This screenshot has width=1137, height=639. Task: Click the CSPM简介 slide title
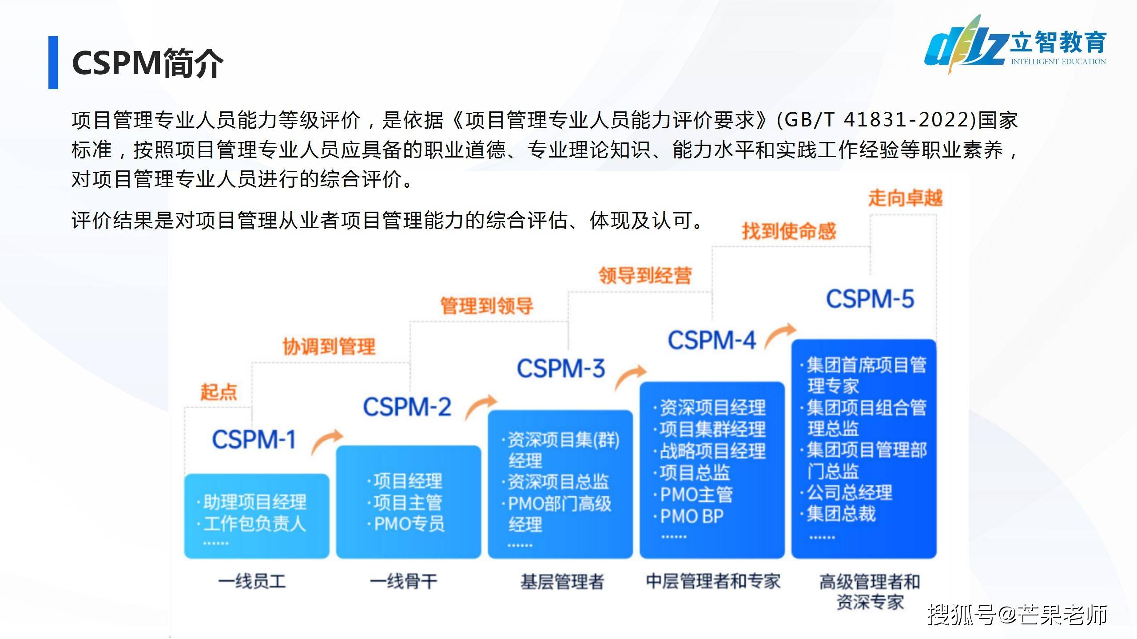tap(147, 63)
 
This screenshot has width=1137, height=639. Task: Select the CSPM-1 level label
tap(254, 440)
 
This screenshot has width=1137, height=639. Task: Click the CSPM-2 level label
tap(407, 407)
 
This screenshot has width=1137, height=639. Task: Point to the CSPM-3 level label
tap(561, 369)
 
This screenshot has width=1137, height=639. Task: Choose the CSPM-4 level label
tap(712, 341)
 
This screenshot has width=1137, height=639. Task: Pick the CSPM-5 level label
tap(870, 299)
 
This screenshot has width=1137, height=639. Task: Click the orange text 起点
tap(219, 392)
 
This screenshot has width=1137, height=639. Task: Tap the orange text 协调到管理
tap(329, 346)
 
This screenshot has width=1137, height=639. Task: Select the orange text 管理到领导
tap(487, 306)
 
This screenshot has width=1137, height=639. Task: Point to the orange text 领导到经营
tap(645, 276)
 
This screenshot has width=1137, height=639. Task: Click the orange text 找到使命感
tap(789, 231)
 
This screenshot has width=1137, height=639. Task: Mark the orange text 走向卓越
tap(905, 198)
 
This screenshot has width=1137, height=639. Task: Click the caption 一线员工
tap(252, 581)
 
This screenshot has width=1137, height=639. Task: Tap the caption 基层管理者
tap(562, 581)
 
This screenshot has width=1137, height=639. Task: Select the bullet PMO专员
tap(409, 524)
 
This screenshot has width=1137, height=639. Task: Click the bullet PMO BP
tap(692, 516)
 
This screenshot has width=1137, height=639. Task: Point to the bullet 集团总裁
tap(841, 514)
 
